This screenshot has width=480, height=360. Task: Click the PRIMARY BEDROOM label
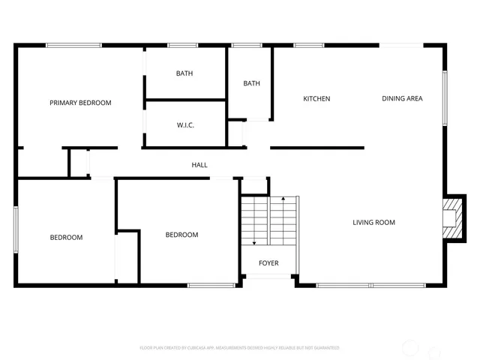pos(80,103)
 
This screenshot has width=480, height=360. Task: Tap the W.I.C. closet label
pos(185,125)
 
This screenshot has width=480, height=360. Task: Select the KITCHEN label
pos(316,99)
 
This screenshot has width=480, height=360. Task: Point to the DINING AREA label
pos(402,99)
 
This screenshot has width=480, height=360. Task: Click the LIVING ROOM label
pos(373,223)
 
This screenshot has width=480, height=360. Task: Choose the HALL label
pos(199,165)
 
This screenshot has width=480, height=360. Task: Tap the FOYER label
pos(268,263)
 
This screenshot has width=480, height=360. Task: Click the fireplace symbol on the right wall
pos(451,218)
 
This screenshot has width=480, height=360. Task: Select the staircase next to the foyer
pos(269,220)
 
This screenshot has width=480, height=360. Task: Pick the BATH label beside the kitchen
pos(251,83)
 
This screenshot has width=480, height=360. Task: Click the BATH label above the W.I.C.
pos(184,73)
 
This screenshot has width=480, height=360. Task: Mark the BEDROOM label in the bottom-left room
pos(66,238)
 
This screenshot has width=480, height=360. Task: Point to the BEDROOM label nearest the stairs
pos(181,235)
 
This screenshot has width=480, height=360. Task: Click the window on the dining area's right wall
pos(445,97)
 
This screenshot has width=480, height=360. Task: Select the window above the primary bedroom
pos(73,46)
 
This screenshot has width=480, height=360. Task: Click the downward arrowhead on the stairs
pos(255,243)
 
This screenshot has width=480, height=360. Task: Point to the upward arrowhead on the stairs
pos(283,199)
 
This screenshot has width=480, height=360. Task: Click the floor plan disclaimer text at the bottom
pos(239,348)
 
